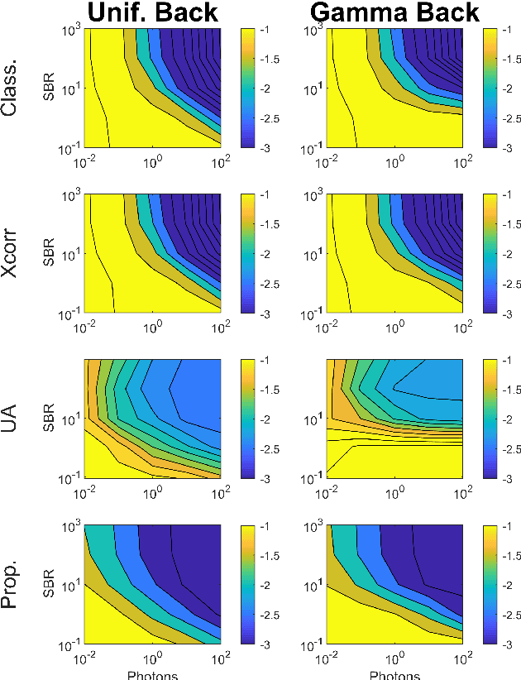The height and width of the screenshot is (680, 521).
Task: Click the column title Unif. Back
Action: point(154,12)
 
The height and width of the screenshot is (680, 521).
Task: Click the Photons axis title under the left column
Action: point(153,675)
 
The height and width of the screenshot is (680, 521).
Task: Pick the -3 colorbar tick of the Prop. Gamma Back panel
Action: point(508,644)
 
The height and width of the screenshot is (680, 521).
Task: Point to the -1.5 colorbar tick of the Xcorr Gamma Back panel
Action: point(511,225)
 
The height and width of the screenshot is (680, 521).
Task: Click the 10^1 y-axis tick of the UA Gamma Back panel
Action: point(310,419)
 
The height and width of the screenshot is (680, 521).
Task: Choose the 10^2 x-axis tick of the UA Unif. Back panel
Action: point(220,492)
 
